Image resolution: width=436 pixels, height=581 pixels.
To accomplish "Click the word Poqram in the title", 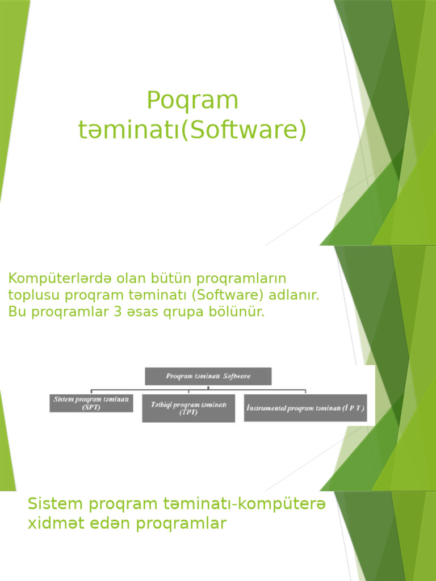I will pos(192,101).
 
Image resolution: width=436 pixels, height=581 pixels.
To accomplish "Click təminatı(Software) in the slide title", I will pos(192,130).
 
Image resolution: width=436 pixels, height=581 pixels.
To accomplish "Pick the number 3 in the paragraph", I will pos(119,313).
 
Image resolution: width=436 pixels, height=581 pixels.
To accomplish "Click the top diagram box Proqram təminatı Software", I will pos(208,376).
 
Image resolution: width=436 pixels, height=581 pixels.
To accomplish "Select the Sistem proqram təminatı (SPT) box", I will pos(91,403).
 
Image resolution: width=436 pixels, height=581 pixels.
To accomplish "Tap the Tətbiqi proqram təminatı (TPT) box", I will pos(188,408).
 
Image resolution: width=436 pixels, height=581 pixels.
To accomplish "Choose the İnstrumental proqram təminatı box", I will pos(305,408).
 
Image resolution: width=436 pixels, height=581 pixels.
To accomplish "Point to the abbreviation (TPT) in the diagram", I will pos(188,412).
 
